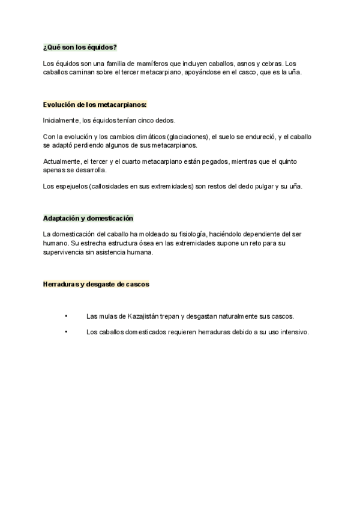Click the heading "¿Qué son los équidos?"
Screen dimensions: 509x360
[x=80, y=47]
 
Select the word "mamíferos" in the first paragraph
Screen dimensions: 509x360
[x=149, y=64]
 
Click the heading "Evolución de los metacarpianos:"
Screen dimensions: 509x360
[x=95, y=104]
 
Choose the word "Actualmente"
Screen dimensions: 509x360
[x=62, y=161]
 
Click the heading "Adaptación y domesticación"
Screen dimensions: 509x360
[x=88, y=218]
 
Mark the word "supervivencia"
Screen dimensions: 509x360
[x=65, y=252]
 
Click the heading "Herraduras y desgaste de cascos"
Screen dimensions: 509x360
[x=96, y=284]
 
